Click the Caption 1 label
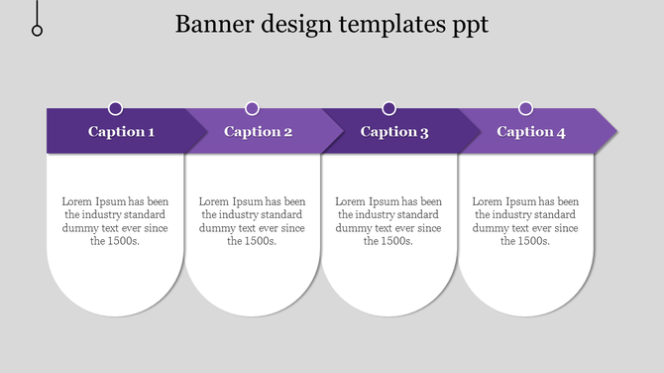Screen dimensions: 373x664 tap(121, 132)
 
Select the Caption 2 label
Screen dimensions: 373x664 tap(258, 132)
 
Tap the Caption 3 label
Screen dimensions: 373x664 tap(394, 132)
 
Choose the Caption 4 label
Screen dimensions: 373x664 tap(531, 132)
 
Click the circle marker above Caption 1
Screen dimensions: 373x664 tap(116, 108)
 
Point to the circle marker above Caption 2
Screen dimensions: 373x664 tap(252, 108)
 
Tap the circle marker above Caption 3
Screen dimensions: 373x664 tap(388, 108)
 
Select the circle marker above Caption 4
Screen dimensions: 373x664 tap(526, 108)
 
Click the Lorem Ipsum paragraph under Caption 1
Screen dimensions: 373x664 tap(115, 220)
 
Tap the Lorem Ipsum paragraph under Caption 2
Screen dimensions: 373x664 tap(252, 220)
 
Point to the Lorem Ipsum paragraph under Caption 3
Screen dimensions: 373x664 tap(388, 220)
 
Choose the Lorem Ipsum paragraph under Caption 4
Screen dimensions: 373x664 tap(525, 220)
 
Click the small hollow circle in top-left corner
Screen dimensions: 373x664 tap(38, 31)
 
